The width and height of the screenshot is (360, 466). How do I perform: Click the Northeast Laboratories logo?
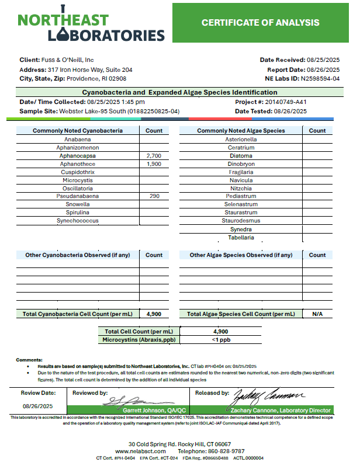tap(91, 27)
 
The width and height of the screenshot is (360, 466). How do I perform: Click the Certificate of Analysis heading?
tap(260, 23)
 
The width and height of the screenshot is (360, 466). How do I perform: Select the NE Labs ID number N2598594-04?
tap(320, 78)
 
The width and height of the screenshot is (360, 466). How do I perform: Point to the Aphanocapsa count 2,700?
tap(154, 157)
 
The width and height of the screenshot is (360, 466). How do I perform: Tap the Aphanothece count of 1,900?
tap(154, 165)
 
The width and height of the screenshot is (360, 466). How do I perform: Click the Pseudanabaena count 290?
tap(154, 197)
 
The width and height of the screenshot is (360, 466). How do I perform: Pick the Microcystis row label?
tap(77, 180)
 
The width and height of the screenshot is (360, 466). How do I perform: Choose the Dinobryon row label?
tap(240, 165)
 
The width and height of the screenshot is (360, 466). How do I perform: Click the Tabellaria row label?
tap(240, 238)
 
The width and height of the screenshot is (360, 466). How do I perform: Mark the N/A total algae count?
tap(317, 314)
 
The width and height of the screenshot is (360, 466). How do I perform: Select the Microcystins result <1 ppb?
tap(220, 339)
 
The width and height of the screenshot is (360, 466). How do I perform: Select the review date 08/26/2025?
tap(39, 405)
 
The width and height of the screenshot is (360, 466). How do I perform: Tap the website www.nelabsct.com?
tap(138, 451)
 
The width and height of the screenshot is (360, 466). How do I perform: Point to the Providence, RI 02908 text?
tap(96, 78)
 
